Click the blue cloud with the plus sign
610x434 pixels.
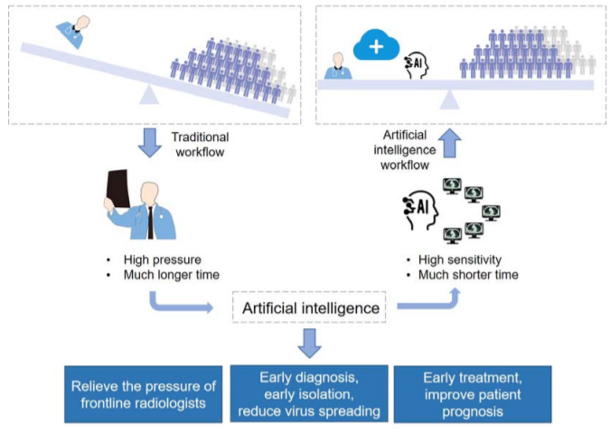pos(376,45)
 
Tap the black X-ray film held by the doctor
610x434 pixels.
pos(117,189)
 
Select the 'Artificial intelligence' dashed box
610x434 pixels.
pos(309,307)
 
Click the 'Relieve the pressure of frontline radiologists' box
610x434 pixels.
pos(143,394)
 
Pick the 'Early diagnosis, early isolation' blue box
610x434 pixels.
pos(309,393)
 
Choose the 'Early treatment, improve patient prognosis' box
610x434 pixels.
pos(473,394)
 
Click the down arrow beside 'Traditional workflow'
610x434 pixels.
pos(150,143)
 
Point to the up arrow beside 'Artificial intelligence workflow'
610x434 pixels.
pos(450,143)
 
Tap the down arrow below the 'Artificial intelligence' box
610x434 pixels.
pos(310,344)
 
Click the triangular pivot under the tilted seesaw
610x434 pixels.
pos(149,96)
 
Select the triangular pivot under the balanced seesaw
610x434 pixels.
pos(449,99)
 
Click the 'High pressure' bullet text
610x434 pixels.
pos(163,259)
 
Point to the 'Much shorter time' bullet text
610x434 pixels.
pos(468,275)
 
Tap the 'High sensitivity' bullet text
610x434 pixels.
pos(460,259)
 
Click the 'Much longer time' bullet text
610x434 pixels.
pos(171,275)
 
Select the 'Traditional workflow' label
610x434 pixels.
pos(200,145)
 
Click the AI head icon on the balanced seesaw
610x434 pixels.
pos(417,65)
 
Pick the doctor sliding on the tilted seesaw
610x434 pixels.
pos(73,32)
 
